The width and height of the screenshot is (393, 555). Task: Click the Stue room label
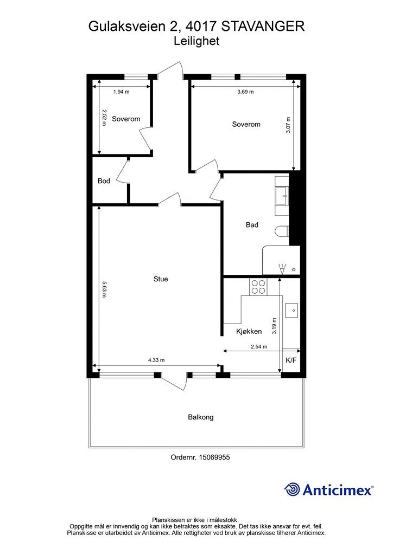[161, 279]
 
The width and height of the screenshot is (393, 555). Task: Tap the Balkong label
[201, 417]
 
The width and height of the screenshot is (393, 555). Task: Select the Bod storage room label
[104, 181]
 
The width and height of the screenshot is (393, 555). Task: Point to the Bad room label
[252, 225]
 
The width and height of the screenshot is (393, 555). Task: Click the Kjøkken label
[249, 331]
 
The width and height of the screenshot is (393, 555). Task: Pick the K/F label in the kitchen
[291, 360]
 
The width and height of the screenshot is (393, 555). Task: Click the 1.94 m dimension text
[121, 92]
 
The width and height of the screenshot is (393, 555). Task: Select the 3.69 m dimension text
[245, 92]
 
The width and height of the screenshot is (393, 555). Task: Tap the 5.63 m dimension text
[104, 289]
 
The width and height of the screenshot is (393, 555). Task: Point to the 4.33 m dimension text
[156, 360]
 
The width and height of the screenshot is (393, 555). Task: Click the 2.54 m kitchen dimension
[259, 347]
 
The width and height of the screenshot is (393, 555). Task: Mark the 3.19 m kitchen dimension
[274, 326]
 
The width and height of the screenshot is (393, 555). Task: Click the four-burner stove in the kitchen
[258, 287]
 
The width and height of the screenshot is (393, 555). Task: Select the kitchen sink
[291, 311]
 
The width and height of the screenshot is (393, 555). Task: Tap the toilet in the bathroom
[282, 232]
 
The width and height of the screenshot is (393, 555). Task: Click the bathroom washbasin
[282, 196]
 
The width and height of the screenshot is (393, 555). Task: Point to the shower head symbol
[282, 269]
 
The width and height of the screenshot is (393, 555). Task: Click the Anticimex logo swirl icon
[292, 489]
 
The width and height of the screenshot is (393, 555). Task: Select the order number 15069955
[214, 457]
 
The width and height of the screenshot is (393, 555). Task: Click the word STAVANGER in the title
[263, 27]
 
